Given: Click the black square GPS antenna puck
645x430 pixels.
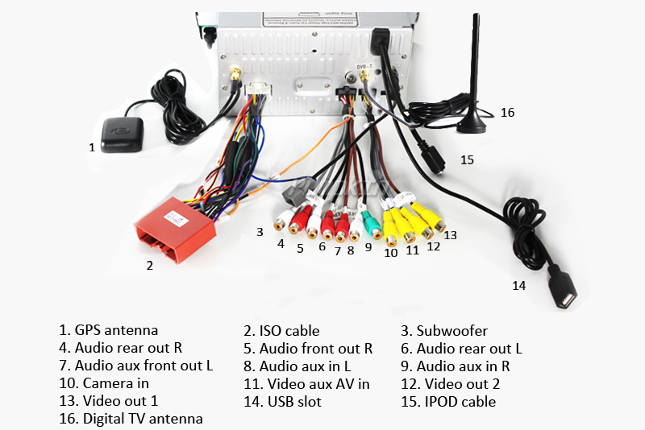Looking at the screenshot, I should pyautogui.click(x=123, y=129).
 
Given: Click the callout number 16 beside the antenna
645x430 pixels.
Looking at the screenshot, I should pyautogui.click(x=507, y=113).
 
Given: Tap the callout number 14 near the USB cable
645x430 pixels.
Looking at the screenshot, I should pyautogui.click(x=518, y=285).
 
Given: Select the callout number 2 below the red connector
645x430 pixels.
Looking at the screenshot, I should pyautogui.click(x=149, y=264).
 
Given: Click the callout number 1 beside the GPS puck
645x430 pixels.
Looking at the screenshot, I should pyautogui.click(x=92, y=147).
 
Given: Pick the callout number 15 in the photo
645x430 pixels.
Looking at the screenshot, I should pyautogui.click(x=467, y=160).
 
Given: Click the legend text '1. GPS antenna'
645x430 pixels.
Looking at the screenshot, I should pyautogui.click(x=108, y=330).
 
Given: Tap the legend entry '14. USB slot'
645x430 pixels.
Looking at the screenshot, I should pyautogui.click(x=282, y=401).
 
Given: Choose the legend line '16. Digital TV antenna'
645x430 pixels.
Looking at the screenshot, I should pyautogui.click(x=131, y=419).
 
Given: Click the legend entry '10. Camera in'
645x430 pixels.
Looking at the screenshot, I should pyautogui.click(x=104, y=383).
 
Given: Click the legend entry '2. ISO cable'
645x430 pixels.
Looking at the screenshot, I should pyautogui.click(x=281, y=330).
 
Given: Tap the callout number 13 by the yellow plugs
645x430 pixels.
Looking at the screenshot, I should pyautogui.click(x=450, y=235).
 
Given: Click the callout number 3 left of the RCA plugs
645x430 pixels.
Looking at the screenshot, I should pyautogui.click(x=260, y=232).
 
